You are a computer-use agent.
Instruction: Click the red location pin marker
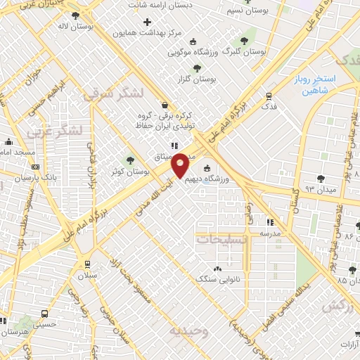point(181,165)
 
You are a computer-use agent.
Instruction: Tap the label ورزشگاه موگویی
point(193,52)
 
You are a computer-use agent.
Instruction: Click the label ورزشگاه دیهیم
point(229,179)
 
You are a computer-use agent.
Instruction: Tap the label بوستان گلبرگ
point(244,51)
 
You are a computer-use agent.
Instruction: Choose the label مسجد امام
point(14,153)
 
